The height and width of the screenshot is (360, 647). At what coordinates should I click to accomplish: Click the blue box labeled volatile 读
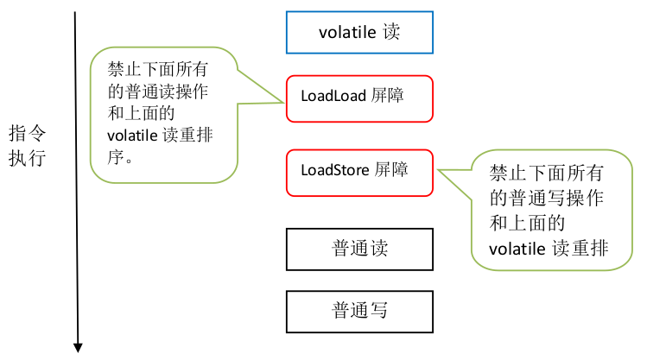click(x=358, y=33)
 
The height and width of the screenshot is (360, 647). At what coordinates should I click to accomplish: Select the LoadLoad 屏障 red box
click(x=358, y=97)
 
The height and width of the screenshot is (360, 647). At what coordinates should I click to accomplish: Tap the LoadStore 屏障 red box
click(x=358, y=171)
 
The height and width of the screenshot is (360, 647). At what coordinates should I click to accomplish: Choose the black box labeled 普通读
click(x=358, y=249)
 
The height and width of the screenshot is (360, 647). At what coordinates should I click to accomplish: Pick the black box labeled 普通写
click(x=358, y=310)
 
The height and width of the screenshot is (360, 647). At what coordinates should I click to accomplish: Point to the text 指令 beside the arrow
click(x=28, y=134)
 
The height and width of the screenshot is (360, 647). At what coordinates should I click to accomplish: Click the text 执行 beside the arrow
click(x=28, y=159)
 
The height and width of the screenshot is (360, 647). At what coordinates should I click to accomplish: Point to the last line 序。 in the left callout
click(x=118, y=158)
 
